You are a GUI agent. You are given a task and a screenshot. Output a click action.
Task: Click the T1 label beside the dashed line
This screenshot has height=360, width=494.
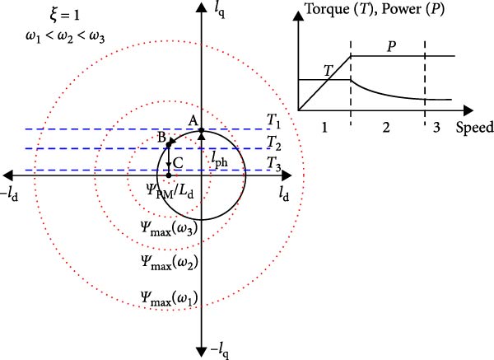(x=273, y=120)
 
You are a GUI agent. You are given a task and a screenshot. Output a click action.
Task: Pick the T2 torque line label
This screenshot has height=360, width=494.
(x=273, y=142)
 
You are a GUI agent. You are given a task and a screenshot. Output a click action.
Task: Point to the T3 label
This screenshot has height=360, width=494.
(x=273, y=162)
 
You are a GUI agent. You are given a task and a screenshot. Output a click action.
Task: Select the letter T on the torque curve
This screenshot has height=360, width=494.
(x=328, y=71)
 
